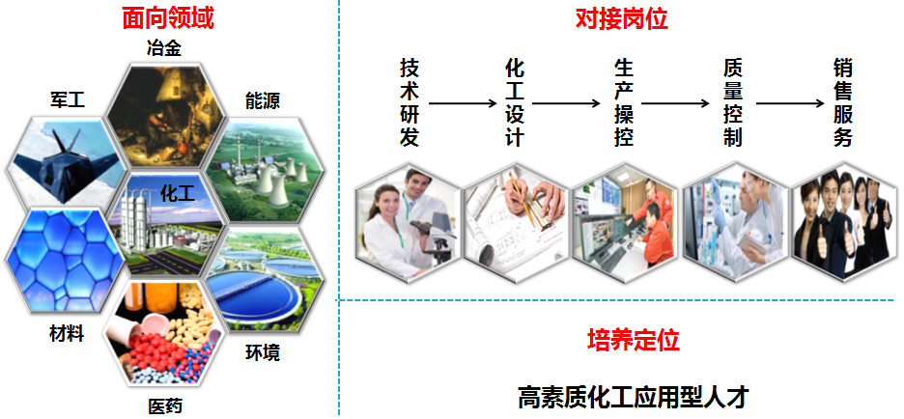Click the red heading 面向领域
[168, 19]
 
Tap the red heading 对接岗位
[622, 19]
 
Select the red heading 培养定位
[633, 341]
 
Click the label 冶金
[164, 48]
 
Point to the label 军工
[68, 100]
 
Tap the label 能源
[263, 102]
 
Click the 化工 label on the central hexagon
[177, 192]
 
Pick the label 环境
[263, 352]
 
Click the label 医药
[165, 405]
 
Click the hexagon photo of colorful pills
[163, 334]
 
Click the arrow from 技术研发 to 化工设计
[463, 103]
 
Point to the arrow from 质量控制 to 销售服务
[790, 103]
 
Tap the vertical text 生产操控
[624, 102]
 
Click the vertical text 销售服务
[842, 102]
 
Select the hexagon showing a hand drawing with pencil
[517, 222]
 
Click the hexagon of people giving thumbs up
[843, 222]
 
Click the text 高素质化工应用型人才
[633, 397]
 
